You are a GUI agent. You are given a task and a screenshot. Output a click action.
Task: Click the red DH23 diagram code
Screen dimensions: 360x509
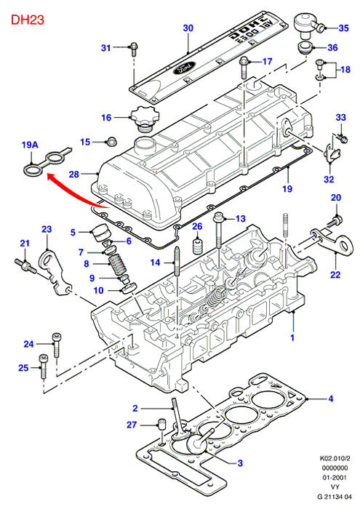tap(27, 20)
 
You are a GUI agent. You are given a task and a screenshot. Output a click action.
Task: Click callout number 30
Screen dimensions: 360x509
tap(188, 28)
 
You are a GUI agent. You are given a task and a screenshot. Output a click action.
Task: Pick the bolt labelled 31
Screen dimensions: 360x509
tap(134, 49)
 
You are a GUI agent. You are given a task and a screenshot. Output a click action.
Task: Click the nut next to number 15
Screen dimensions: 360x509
tap(112, 142)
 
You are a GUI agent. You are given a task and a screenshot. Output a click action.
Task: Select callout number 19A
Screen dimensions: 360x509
tap(30, 145)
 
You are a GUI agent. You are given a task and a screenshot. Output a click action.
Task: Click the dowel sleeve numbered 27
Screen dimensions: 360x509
tap(161, 424)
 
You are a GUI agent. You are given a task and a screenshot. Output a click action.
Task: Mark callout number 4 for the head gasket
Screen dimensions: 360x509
tap(331, 398)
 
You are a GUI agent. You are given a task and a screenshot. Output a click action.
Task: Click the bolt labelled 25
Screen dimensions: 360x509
tap(43, 366)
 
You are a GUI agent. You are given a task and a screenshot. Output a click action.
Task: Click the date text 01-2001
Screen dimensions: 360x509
tap(335, 478)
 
